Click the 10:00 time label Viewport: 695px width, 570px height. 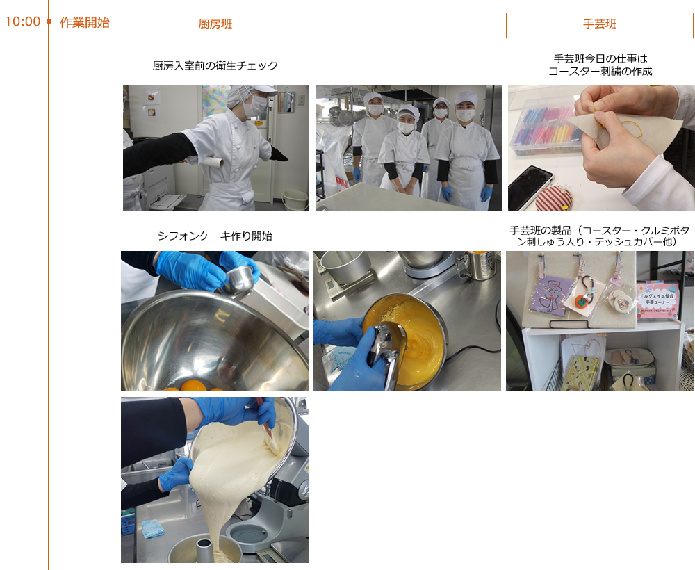pyautogui.click(x=23, y=22)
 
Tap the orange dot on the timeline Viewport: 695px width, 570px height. pyautogui.click(x=49, y=22)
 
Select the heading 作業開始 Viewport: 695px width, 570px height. pyautogui.click(x=85, y=22)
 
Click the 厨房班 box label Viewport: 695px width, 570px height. pyautogui.click(x=215, y=24)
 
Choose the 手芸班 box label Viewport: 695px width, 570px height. pyautogui.click(x=600, y=24)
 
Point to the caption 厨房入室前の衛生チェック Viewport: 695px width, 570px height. pyautogui.click(x=215, y=65)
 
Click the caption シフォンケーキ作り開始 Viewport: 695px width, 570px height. pyautogui.click(x=215, y=236)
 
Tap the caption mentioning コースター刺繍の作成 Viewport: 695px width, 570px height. pyautogui.click(x=600, y=65)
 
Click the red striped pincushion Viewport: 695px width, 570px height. pyautogui.click(x=554, y=199)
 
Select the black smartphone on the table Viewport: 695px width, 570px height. pyautogui.click(x=530, y=187)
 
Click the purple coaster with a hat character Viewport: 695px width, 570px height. pyautogui.click(x=550, y=295)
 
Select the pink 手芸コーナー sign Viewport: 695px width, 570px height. pyautogui.click(x=657, y=300)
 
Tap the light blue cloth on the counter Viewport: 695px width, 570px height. pyautogui.click(x=153, y=529)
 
